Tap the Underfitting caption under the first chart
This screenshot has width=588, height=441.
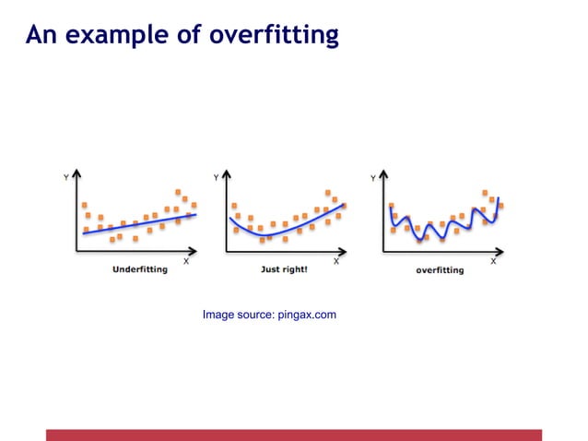pyautogui.click(x=139, y=270)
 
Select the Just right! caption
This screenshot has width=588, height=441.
pyautogui.click(x=285, y=270)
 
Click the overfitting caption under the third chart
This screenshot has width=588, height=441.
pyautogui.click(x=440, y=270)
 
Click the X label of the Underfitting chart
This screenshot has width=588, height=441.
pyautogui.click(x=186, y=261)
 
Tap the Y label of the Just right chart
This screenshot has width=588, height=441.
pyautogui.click(x=216, y=177)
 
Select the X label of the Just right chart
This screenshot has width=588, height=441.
pyautogui.click(x=336, y=261)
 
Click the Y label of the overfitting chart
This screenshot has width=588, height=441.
pyautogui.click(x=372, y=177)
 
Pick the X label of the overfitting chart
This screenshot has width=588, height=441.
pyautogui.click(x=493, y=261)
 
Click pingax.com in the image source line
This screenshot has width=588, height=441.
pyautogui.click(x=307, y=316)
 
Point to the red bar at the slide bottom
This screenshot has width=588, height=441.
pyautogui.click(x=294, y=435)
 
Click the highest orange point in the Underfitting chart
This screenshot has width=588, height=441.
pyautogui.click(x=179, y=192)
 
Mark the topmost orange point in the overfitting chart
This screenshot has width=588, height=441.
pyautogui.click(x=485, y=192)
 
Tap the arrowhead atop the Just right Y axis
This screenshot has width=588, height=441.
pyautogui.click(x=227, y=175)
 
